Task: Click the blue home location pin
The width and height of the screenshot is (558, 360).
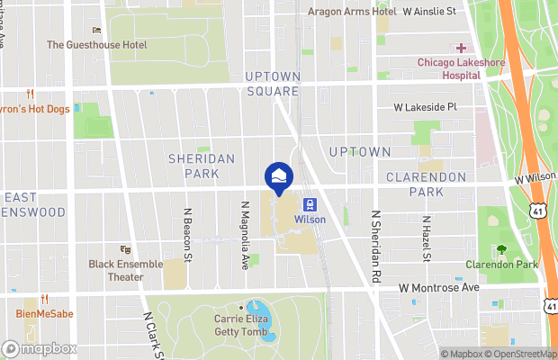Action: (278, 176)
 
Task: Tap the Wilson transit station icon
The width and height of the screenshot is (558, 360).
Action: (309, 204)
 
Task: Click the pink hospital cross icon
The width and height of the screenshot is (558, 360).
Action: (462, 48)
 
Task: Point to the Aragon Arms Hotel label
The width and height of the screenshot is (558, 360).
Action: (352, 12)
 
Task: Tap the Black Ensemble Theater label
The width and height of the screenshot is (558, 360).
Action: (126, 270)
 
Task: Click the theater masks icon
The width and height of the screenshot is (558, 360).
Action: (125, 249)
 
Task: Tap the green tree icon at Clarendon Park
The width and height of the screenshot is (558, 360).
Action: (500, 249)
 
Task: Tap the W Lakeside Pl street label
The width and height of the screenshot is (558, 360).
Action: (426, 106)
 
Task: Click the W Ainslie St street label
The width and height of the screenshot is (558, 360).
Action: (429, 12)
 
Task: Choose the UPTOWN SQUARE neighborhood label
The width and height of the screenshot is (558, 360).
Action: (272, 84)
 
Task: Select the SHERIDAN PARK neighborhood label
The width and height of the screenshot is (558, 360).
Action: (202, 165)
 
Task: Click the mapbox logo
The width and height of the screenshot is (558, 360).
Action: (39, 348)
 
